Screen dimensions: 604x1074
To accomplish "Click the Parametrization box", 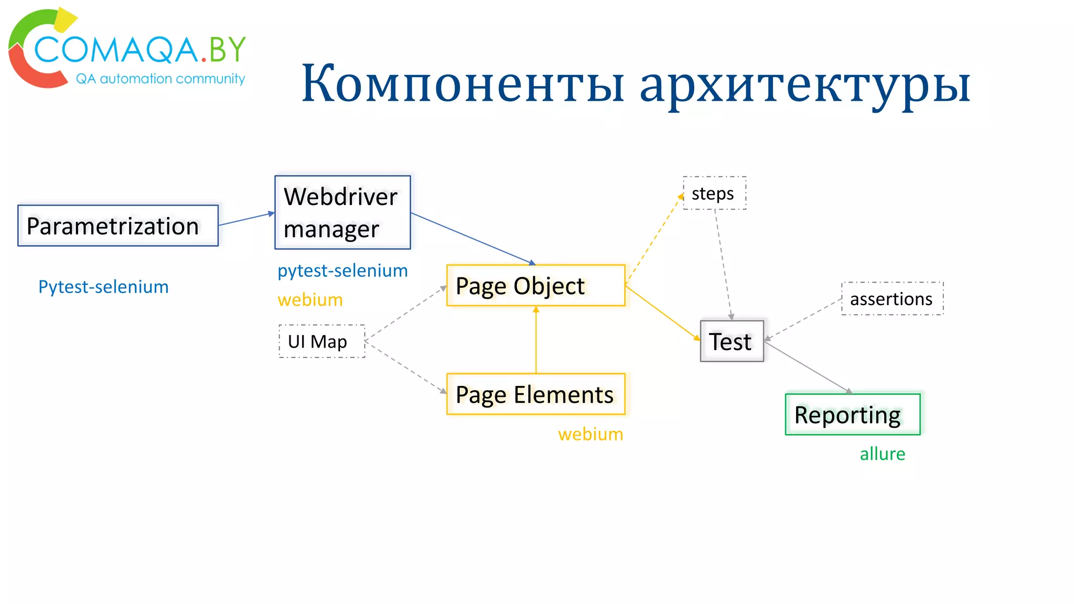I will pyautogui.click(x=118, y=225).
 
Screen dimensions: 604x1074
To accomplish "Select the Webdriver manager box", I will pyautogui.click(x=342, y=212).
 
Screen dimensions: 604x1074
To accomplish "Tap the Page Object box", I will pyautogui.click(x=535, y=286).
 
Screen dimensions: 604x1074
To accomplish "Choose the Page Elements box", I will pyautogui.click(x=535, y=394).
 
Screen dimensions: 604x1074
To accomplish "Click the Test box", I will pyautogui.click(x=732, y=341).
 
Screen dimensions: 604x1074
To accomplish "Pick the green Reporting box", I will pyautogui.click(x=852, y=415).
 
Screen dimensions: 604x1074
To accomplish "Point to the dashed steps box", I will pyautogui.click(x=714, y=193).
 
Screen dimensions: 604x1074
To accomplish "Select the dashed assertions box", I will pyautogui.click(x=892, y=299).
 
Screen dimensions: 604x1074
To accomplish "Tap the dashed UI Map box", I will pyautogui.click(x=321, y=341).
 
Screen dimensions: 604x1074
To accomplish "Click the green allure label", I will pyautogui.click(x=882, y=454).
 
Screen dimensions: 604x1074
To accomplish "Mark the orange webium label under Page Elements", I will pyautogui.click(x=590, y=434).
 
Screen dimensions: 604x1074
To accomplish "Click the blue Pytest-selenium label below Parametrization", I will pyautogui.click(x=103, y=287).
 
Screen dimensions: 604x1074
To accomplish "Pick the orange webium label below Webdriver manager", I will pyautogui.click(x=310, y=300).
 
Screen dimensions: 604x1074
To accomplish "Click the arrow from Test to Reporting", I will pyautogui.click(x=808, y=367).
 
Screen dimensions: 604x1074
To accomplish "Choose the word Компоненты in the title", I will pyautogui.click(x=463, y=84).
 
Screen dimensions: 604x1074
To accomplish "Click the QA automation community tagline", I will pyautogui.click(x=160, y=79).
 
